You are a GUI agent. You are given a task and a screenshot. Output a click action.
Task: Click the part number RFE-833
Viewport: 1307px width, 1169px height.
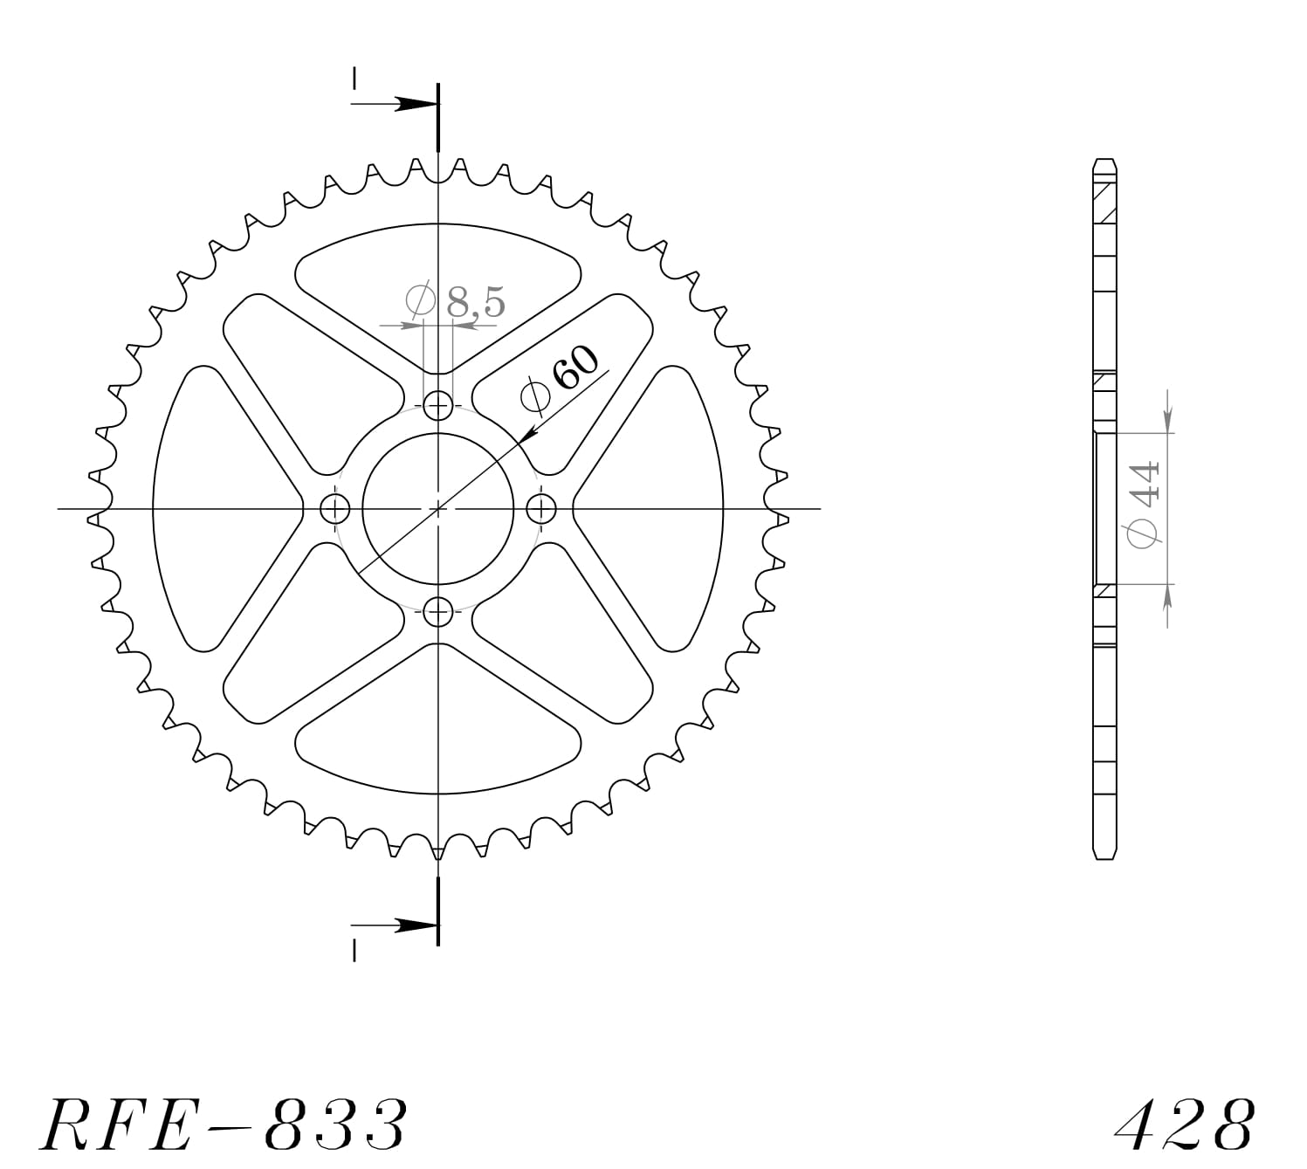(x=223, y=1124)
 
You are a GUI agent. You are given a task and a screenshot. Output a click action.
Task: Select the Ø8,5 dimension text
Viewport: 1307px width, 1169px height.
(x=456, y=302)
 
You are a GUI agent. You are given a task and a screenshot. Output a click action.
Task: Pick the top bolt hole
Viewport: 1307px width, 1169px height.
(x=438, y=404)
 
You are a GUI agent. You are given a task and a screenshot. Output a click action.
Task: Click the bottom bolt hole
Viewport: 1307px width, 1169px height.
(x=438, y=612)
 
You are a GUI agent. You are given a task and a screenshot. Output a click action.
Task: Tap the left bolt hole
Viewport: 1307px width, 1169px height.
(x=335, y=508)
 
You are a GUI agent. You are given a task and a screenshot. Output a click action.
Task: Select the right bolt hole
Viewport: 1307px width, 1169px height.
(x=542, y=508)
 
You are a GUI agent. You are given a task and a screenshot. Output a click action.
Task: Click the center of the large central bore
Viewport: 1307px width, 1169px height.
(x=438, y=508)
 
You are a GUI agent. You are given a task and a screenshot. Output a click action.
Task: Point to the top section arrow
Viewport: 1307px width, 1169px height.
(x=410, y=104)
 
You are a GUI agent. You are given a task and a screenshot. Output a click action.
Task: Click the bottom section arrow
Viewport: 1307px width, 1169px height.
(x=410, y=925)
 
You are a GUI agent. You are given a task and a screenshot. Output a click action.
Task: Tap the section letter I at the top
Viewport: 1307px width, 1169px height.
(x=354, y=79)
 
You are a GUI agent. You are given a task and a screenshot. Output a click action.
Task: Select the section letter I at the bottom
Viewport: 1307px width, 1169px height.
(x=354, y=951)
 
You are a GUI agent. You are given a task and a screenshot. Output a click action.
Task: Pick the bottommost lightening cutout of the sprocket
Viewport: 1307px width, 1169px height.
(x=438, y=742)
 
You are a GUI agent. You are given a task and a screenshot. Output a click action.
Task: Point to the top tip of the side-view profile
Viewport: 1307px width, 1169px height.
(x=1104, y=161)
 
